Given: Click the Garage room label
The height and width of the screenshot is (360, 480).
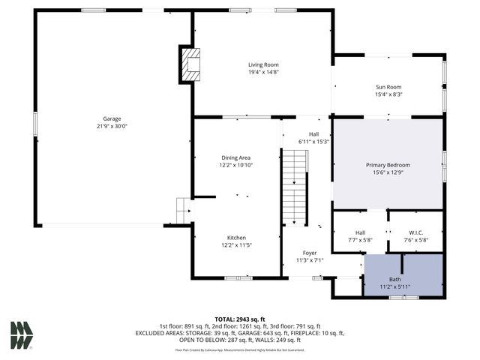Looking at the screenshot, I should (112, 118).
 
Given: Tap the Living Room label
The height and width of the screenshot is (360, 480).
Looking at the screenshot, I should (263, 64).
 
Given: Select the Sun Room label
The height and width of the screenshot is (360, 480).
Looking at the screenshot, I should (388, 86).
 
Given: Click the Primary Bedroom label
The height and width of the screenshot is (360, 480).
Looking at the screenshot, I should (388, 164).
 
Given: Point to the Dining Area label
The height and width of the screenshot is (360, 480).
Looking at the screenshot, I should (235, 157).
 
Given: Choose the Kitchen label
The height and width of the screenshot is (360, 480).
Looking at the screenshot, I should (236, 236).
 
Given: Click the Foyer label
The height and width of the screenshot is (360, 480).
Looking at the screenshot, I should (309, 253).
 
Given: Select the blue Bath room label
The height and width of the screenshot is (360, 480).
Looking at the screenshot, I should (394, 279).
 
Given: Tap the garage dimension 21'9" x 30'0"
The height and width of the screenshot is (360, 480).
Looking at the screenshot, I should (112, 127).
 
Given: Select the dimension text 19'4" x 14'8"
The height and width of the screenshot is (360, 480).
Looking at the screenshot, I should (263, 73).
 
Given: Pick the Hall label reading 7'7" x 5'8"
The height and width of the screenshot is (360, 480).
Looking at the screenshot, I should (360, 237).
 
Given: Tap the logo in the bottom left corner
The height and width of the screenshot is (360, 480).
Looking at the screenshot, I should (21, 334).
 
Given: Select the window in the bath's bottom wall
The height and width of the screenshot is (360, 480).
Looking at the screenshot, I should (403, 298).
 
